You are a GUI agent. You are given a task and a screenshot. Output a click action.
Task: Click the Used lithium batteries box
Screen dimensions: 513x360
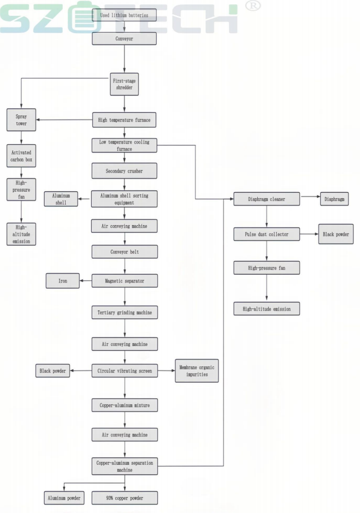pos(125,15)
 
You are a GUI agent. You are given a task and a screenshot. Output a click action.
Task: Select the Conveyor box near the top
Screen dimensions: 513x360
pos(125,38)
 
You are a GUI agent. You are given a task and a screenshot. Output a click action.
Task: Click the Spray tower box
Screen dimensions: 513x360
pos(21,120)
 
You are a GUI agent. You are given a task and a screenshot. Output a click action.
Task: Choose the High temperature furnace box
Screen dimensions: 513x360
pos(125,120)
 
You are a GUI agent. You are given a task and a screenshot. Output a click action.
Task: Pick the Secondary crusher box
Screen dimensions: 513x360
pos(125,171)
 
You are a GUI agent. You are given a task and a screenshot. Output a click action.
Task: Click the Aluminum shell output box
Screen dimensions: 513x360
pos(61,199)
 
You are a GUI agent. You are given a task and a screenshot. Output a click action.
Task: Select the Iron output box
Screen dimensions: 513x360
pos(63,281)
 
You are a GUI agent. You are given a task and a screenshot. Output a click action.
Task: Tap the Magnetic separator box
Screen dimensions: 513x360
pos(125,281)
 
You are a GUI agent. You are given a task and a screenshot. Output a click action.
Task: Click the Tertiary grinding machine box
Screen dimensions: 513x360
pos(125,312)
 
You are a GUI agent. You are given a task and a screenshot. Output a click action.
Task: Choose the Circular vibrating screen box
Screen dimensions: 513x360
pos(125,371)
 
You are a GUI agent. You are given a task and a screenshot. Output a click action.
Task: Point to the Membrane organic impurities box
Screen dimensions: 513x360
pos(196,371)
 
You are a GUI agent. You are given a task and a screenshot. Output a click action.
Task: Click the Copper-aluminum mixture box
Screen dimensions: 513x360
pos(125,405)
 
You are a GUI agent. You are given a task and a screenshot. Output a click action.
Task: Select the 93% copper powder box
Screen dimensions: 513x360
pos(125,498)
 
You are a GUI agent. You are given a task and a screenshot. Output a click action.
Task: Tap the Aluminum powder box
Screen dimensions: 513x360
pos(64,498)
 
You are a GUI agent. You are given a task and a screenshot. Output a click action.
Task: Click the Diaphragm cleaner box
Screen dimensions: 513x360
pos(267,199)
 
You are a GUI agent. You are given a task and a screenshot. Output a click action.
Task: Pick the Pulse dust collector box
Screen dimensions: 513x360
pos(267,234)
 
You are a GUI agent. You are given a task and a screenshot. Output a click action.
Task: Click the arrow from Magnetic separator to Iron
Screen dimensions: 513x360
pos(85,281)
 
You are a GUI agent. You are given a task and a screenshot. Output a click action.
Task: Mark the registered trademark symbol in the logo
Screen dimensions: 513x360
pos(253,6)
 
